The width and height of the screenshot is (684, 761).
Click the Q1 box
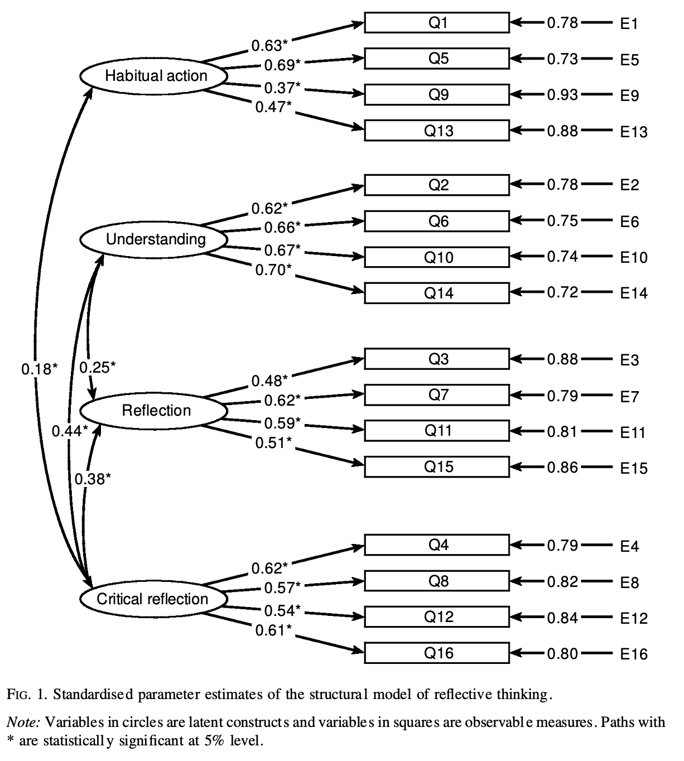tap(437, 23)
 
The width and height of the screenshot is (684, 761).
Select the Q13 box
tap(437, 131)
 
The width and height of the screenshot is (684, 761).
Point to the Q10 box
tap(437, 257)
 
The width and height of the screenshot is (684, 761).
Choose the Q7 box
tap(437, 395)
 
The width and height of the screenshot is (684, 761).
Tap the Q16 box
tap(437, 653)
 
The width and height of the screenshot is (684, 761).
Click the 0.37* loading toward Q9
tap(282, 88)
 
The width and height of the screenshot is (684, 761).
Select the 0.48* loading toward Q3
tap(269, 380)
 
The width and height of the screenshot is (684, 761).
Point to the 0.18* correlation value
tap(39, 369)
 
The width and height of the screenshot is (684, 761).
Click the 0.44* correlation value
tap(70, 431)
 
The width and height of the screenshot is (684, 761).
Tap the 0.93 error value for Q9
tap(562, 95)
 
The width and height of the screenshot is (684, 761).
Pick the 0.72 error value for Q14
tap(562, 292)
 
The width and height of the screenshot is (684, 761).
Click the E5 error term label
tap(629, 60)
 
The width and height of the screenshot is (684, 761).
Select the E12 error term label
tap(634, 618)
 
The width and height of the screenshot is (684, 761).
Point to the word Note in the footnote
tap(22, 723)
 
